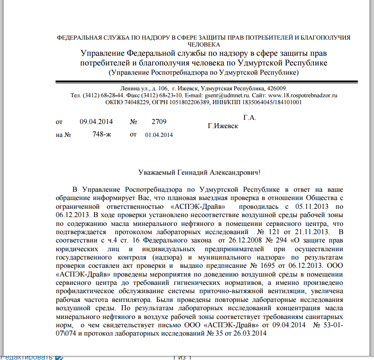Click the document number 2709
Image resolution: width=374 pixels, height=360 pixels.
coord(159,122)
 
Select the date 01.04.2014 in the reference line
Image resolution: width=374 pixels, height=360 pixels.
coord(159,135)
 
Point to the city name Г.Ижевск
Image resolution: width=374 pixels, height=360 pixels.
coord(223,126)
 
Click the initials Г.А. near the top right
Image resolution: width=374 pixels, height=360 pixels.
coord(249,118)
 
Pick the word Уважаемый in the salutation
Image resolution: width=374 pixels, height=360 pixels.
coord(156,173)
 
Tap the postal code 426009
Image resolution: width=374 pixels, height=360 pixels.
coord(277,88)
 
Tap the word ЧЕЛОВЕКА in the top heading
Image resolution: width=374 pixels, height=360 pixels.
coord(203,45)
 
